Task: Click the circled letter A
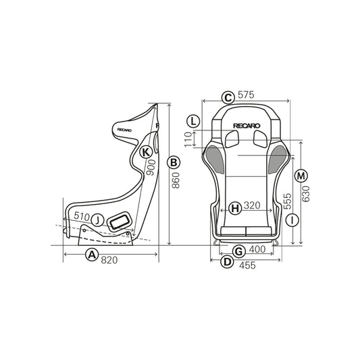point(91,255)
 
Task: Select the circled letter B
point(174,163)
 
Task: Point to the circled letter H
point(234,207)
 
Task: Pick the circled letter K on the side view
point(146,152)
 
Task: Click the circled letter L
point(194,122)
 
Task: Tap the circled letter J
point(98,220)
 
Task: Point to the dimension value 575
point(246,96)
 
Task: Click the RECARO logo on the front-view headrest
point(246,125)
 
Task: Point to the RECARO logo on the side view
point(126,126)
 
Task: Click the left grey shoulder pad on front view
point(215,158)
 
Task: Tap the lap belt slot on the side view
point(121,221)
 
